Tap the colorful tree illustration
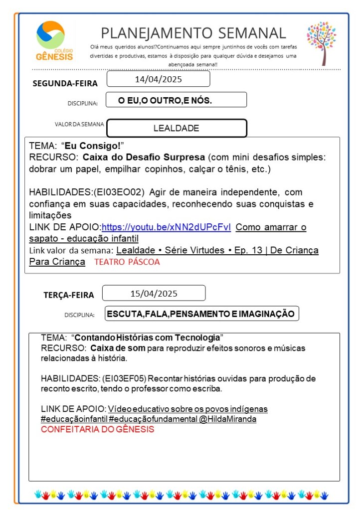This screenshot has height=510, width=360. click(x=321, y=43)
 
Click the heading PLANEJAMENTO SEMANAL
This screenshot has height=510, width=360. click(x=193, y=33)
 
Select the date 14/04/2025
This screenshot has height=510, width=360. click(x=158, y=79)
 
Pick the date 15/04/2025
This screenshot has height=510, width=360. click(x=154, y=293)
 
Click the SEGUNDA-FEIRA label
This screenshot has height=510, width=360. click(x=65, y=83)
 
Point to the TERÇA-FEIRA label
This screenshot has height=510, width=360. click(x=68, y=295)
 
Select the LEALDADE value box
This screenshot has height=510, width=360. click(x=177, y=128)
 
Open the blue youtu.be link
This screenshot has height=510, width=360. click(x=166, y=227)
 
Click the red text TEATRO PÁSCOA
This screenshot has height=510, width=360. click(x=127, y=262)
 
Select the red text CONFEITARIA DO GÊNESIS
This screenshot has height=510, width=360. click(x=97, y=429)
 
